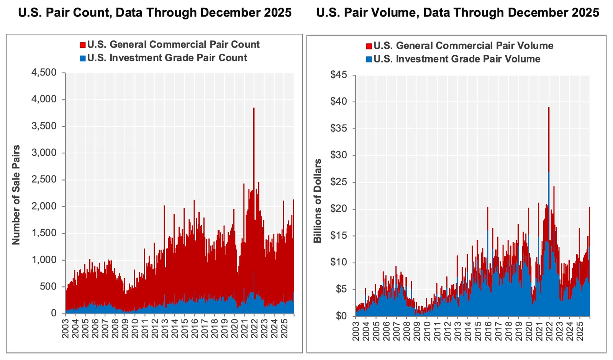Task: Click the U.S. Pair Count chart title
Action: click(x=155, y=13)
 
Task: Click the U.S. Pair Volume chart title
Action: click(x=457, y=13)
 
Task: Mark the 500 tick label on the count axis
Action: click(x=48, y=286)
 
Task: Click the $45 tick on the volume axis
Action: click(x=339, y=75)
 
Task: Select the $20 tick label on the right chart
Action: click(x=339, y=209)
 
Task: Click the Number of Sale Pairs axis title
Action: click(x=16, y=195)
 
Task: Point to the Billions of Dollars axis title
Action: click(x=318, y=201)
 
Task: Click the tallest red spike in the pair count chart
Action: click(x=254, y=109)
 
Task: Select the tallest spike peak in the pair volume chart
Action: click(x=549, y=108)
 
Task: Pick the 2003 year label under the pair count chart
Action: click(x=66, y=329)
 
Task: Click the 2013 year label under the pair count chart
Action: click(x=165, y=329)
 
